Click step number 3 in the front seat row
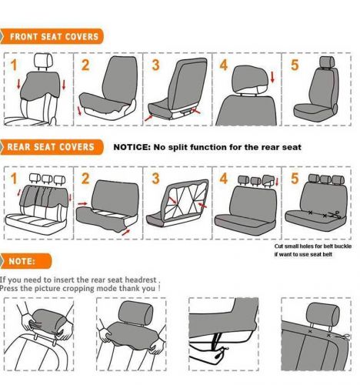click(x=155, y=65)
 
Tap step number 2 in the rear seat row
click(x=85, y=179)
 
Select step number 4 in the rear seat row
click(x=224, y=179)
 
